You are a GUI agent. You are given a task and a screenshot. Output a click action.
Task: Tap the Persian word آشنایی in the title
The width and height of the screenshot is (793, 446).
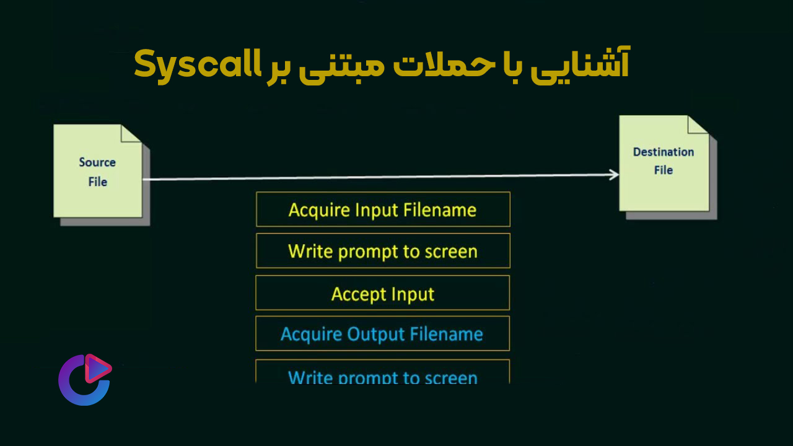580,64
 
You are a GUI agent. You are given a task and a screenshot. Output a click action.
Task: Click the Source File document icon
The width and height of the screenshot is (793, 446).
101,175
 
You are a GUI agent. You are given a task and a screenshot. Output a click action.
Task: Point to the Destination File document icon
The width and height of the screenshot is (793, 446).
668,167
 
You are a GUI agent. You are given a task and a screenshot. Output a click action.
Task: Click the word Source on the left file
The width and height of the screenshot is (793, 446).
97,162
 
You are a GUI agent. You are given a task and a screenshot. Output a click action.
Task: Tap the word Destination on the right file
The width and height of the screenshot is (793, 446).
664,152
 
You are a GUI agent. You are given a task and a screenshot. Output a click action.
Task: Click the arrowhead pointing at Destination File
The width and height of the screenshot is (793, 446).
614,175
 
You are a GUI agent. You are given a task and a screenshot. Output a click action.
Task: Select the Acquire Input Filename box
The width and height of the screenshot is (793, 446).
383,209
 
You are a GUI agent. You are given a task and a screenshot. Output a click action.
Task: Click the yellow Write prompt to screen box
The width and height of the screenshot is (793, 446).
383,251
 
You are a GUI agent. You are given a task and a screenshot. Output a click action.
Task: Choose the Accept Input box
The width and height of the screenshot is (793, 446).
383,293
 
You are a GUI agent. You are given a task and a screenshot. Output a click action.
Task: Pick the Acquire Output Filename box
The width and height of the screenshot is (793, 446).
383,333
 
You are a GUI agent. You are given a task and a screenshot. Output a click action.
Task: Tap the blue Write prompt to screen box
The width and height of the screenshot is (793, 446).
383,372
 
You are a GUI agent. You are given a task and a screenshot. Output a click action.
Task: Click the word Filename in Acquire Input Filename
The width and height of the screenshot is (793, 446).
440,210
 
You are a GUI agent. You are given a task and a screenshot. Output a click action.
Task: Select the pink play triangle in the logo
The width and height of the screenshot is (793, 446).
98,369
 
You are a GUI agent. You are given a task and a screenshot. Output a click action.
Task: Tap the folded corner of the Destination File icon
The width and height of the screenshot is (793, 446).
697,125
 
